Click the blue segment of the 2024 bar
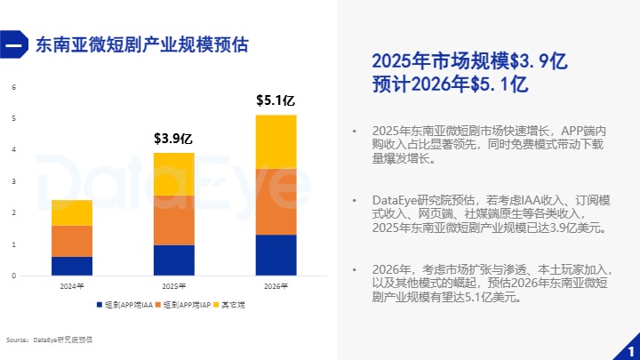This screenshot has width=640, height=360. [72, 266]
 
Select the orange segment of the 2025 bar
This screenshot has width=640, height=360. [174, 220]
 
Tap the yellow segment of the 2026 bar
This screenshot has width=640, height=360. [276, 141]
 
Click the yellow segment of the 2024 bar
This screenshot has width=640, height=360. [72, 212]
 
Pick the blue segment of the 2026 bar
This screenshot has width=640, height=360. [276, 255]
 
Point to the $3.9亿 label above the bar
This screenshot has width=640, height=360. [173, 139]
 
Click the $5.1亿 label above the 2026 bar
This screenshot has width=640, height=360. [276, 100]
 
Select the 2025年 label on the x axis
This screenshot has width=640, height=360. [174, 286]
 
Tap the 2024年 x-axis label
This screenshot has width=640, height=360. [72, 286]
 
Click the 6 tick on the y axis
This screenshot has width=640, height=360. [13, 87]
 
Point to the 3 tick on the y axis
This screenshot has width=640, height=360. [13, 181]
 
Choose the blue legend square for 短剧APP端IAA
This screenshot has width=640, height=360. [100, 305]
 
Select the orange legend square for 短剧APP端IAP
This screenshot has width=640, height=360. [158, 305]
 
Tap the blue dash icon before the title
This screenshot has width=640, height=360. [14, 45]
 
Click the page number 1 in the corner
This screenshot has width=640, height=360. [630, 348]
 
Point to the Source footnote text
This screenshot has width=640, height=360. [49, 340]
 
